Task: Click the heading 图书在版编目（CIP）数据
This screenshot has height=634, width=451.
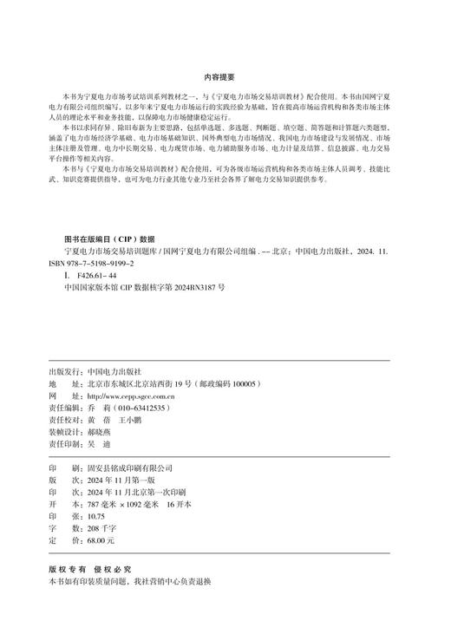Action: (109, 237)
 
